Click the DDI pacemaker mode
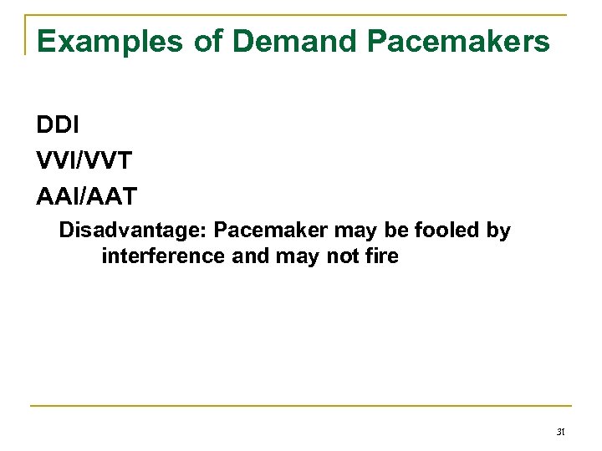click(x=57, y=124)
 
